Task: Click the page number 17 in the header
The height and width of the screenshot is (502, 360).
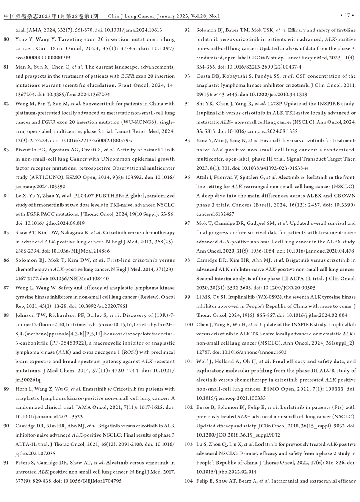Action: (x=347, y=16)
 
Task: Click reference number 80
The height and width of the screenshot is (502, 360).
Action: (x=6, y=39)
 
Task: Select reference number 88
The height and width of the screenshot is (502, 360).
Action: (x=6, y=315)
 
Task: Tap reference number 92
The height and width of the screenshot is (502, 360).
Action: (x=187, y=30)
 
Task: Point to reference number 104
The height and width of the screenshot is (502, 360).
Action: (x=189, y=481)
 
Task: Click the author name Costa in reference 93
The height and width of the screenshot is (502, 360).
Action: (x=203, y=76)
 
